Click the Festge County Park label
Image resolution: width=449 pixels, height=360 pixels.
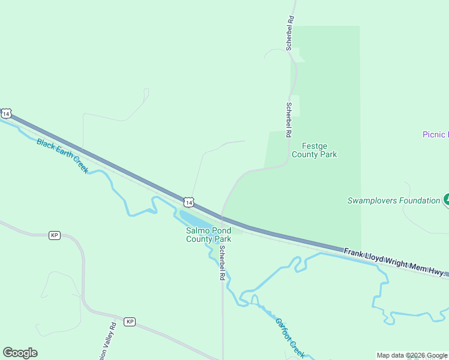pyautogui.click(x=314, y=150)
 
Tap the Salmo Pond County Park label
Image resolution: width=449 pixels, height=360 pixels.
pyautogui.click(x=208, y=235)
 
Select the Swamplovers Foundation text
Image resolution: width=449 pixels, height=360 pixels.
pyautogui.click(x=394, y=200)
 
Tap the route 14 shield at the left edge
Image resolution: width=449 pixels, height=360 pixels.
pyautogui.click(x=6, y=113)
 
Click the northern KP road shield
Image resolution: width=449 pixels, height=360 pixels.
pyautogui.click(x=55, y=235)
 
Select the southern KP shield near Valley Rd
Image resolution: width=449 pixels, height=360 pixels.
pyautogui.click(x=130, y=322)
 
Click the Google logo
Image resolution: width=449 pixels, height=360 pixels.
pyautogui.click(x=20, y=353)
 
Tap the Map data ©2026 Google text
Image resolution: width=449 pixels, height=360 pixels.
pyautogui.click(x=412, y=355)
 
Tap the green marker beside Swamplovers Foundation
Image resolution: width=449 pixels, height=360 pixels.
pyautogui.click(x=446, y=200)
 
